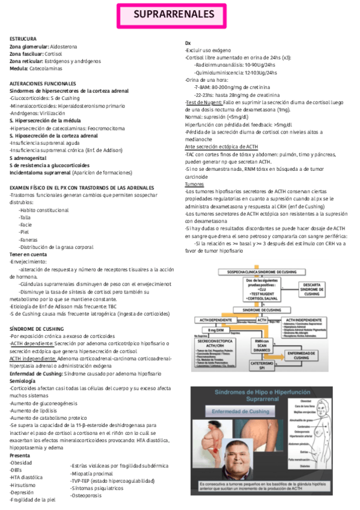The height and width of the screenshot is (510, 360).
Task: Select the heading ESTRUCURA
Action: pos(23,38)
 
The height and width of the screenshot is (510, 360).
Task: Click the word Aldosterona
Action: pos(64,46)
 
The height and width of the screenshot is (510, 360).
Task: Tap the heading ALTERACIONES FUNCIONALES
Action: pos(43,83)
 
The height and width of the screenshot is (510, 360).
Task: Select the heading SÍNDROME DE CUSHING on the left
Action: pos(38,328)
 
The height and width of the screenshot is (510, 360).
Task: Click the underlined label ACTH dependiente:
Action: pos(32,343)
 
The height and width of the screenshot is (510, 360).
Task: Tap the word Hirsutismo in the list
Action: pos(23,484)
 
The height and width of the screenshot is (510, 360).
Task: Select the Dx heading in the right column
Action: pos(188,43)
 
